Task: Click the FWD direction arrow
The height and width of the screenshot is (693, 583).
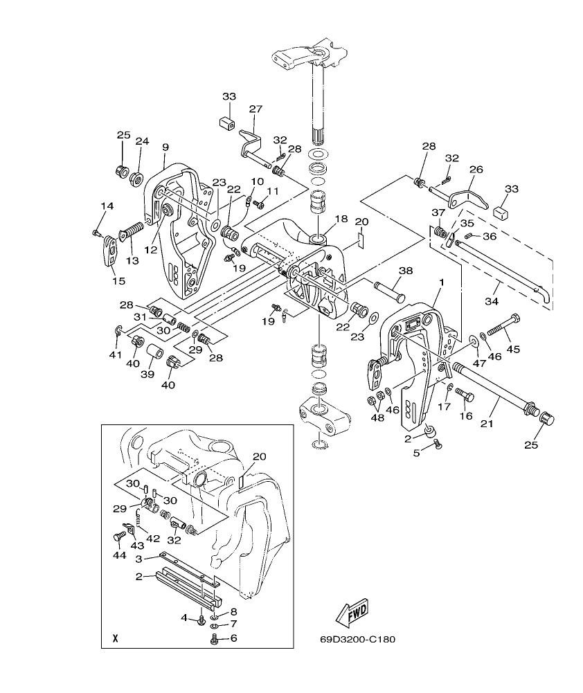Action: pyautogui.click(x=351, y=613)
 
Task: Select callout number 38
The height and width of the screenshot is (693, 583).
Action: pyautogui.click(x=406, y=271)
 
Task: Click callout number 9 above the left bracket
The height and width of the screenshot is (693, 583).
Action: pyautogui.click(x=165, y=147)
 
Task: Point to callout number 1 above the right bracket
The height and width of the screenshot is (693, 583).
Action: pyautogui.click(x=442, y=283)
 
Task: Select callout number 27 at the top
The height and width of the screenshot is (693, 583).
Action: pyautogui.click(x=256, y=109)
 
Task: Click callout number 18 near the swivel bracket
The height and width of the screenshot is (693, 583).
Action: pyautogui.click(x=341, y=219)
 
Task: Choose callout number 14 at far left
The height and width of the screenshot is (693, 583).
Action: pyautogui.click(x=107, y=206)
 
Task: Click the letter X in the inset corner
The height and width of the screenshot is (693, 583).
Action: pyautogui.click(x=115, y=638)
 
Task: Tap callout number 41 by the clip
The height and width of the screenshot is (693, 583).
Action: pyautogui.click(x=115, y=354)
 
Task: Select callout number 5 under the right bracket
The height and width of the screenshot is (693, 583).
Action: pyautogui.click(x=417, y=454)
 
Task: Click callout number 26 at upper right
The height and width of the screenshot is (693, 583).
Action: pyautogui.click(x=476, y=169)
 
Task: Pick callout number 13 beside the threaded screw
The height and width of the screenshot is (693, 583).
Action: pyautogui.click(x=132, y=261)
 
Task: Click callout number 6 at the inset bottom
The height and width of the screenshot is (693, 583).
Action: pyautogui.click(x=233, y=638)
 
